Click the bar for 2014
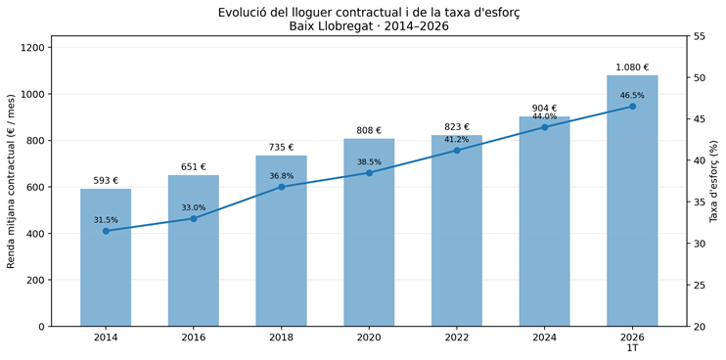(x=106, y=257)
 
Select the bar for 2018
(x=281, y=241)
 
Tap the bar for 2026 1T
(x=632, y=201)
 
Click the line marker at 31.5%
(x=106, y=231)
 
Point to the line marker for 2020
(x=369, y=173)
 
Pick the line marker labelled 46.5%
(x=632, y=107)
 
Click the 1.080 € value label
(x=632, y=67)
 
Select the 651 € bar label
(x=194, y=167)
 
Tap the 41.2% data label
(x=457, y=139)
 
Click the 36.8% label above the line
(x=282, y=176)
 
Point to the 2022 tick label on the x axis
(x=457, y=337)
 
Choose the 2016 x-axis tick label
(x=194, y=337)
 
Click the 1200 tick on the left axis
(x=33, y=48)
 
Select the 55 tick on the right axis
(x=697, y=36)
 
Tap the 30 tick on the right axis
(x=697, y=244)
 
